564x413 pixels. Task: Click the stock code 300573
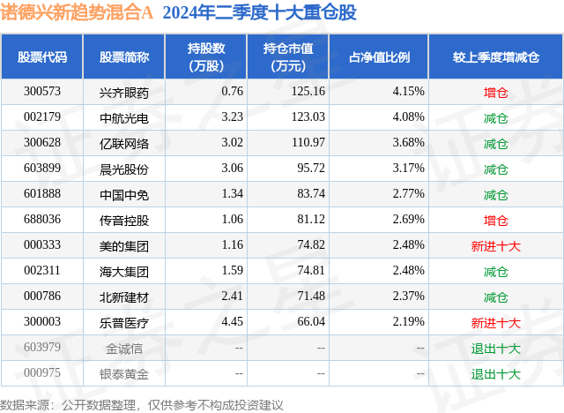tap(41, 92)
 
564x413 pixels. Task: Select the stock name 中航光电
tap(124, 117)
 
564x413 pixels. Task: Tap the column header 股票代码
tap(41, 57)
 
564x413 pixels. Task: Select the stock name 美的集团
tap(124, 245)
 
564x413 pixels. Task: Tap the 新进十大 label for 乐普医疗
tap(496, 322)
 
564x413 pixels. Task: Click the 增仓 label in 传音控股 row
tap(496, 220)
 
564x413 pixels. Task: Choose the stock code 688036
tap(41, 220)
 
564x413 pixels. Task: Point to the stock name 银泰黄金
tap(124, 373)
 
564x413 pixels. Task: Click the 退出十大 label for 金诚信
tap(496, 348)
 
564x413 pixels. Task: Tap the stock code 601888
tap(41, 194)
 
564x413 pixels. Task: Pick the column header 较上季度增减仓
tap(496, 57)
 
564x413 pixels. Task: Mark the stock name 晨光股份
tap(124, 169)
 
